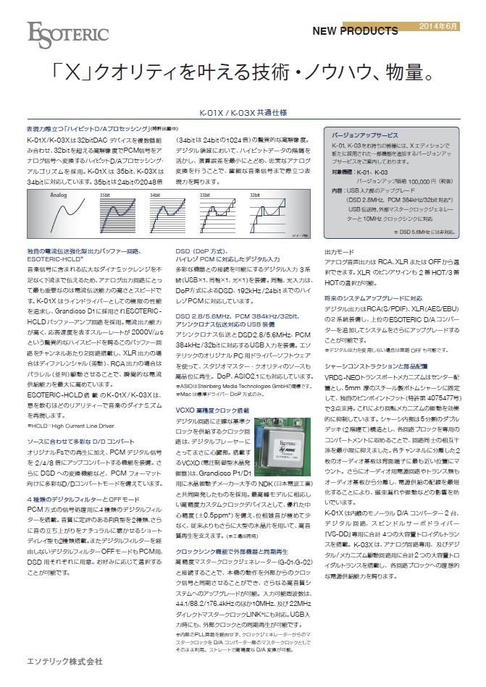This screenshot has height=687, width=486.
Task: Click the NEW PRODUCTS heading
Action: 355,31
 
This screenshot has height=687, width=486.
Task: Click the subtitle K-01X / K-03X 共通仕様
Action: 243,113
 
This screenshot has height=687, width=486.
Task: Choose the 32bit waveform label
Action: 235,195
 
